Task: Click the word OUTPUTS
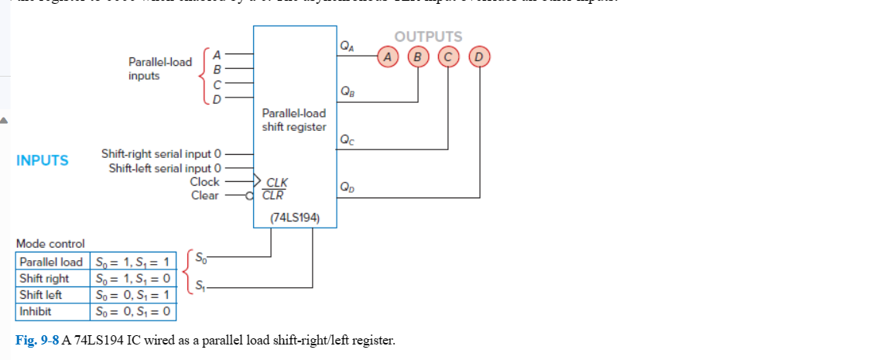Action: tap(428, 36)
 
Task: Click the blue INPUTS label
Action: tap(42, 161)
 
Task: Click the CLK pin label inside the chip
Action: tap(276, 183)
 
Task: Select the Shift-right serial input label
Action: tap(162, 154)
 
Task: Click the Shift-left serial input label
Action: tap(165, 168)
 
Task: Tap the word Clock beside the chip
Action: tap(204, 182)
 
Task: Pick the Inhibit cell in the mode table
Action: tap(36, 312)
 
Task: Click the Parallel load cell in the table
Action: tap(51, 261)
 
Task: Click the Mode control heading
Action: tap(50, 243)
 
